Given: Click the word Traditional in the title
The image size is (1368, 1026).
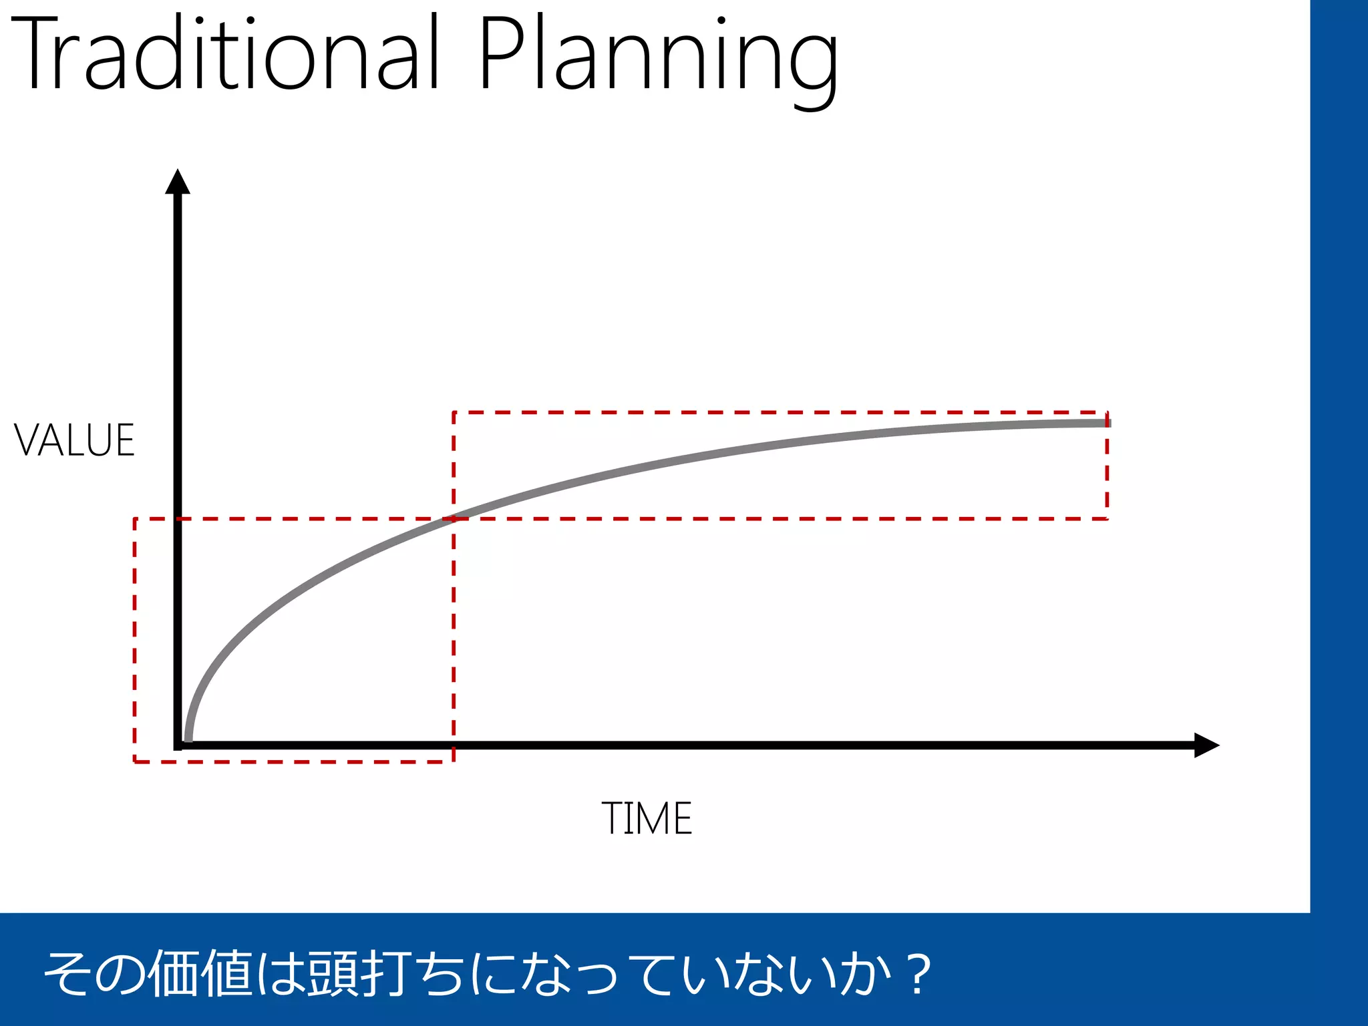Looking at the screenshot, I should point(224,53).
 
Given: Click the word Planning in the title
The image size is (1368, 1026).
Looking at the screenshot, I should point(658,57).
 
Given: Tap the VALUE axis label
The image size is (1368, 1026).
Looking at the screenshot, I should point(75,441).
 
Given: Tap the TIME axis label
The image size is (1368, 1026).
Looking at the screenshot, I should point(647,818).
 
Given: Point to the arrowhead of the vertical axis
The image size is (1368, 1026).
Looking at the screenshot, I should point(178,182).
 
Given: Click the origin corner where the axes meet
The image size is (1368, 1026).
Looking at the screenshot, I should point(178,745).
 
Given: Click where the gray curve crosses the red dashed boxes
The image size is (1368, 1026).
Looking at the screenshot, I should point(454,518).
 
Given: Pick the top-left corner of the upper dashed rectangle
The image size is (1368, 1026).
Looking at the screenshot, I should point(454,413).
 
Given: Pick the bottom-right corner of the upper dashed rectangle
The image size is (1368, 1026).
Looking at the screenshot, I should point(1107,518).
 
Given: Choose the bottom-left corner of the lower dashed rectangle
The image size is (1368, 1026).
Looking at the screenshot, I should point(135,761).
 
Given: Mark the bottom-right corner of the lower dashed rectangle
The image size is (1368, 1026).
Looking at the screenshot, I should point(454,761).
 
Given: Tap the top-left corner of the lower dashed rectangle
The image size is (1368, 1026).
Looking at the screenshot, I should point(135,518).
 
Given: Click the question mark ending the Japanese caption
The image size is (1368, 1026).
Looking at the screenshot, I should point(920,974).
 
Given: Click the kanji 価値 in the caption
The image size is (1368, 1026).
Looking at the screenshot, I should point(200,973).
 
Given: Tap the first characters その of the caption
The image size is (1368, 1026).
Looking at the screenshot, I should point(94,973).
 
